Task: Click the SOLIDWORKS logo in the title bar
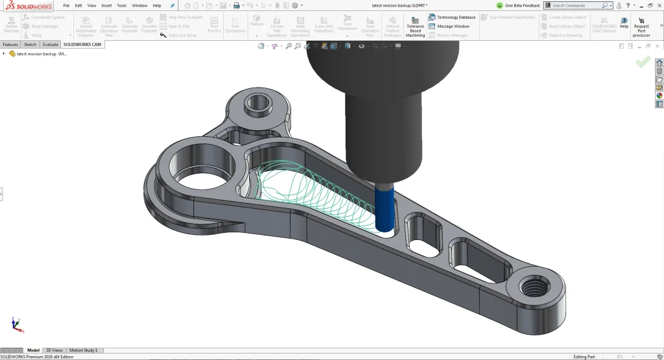(x=27, y=5)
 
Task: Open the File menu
(x=66, y=5)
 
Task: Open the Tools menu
(x=121, y=5)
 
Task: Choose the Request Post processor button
(x=641, y=27)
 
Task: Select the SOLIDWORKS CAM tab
(x=82, y=45)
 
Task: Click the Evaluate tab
(x=51, y=45)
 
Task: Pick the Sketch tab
(x=30, y=45)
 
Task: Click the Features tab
(x=10, y=45)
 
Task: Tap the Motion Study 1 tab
(x=83, y=350)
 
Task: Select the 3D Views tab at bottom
(x=54, y=350)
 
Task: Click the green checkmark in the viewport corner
(x=643, y=62)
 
